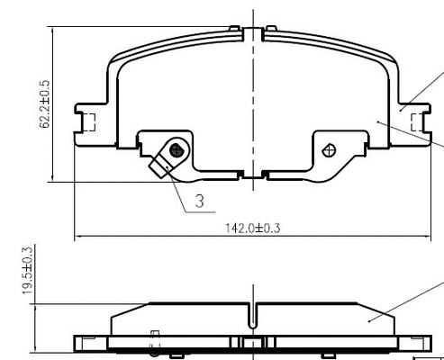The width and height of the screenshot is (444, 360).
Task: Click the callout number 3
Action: (x=200, y=203)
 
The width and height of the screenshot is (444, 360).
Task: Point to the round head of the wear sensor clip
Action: (x=177, y=149)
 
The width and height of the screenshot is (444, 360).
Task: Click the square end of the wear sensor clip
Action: (x=164, y=166)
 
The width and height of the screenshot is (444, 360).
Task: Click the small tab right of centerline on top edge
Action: (x=267, y=30)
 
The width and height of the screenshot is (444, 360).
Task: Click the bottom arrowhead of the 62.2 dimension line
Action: (x=55, y=177)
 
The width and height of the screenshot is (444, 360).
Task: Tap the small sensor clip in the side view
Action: (x=154, y=340)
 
